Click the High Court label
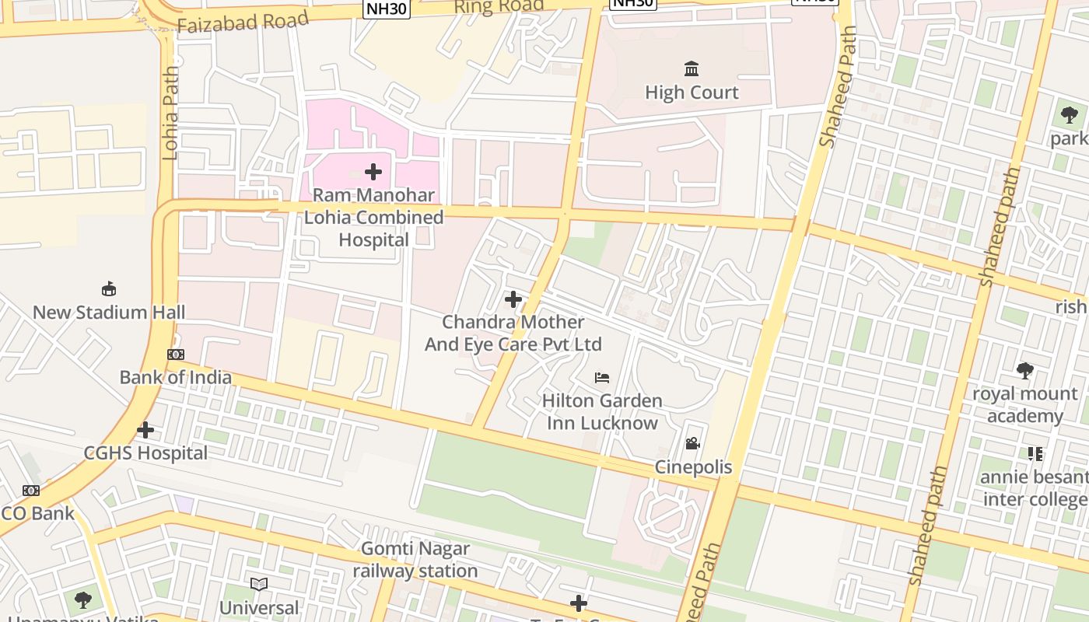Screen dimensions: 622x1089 [x=692, y=93]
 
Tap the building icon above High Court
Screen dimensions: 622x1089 [x=692, y=69]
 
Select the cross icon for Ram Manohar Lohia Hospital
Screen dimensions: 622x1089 [x=373, y=172]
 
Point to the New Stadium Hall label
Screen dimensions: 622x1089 [x=109, y=313]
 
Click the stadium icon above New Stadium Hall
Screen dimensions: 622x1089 [x=109, y=289]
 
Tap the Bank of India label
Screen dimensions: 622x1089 [x=175, y=377]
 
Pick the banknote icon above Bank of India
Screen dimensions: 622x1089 [x=176, y=355]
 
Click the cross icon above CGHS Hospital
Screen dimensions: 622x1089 [x=145, y=430]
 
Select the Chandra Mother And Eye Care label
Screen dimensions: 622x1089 [x=513, y=333]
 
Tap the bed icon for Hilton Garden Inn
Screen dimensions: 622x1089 [x=602, y=378]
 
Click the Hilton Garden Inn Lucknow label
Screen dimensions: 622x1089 [x=602, y=412]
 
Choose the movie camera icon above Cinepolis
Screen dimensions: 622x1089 [x=692, y=444]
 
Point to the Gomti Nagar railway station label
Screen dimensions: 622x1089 [x=415, y=560]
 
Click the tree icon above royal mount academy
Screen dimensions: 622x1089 [x=1025, y=371]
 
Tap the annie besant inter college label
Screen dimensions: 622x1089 [x=1035, y=487]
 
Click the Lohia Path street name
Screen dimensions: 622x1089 [x=170, y=113]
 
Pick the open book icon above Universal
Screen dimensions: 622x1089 [x=259, y=584]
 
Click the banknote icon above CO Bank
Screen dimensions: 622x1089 [x=31, y=491]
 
